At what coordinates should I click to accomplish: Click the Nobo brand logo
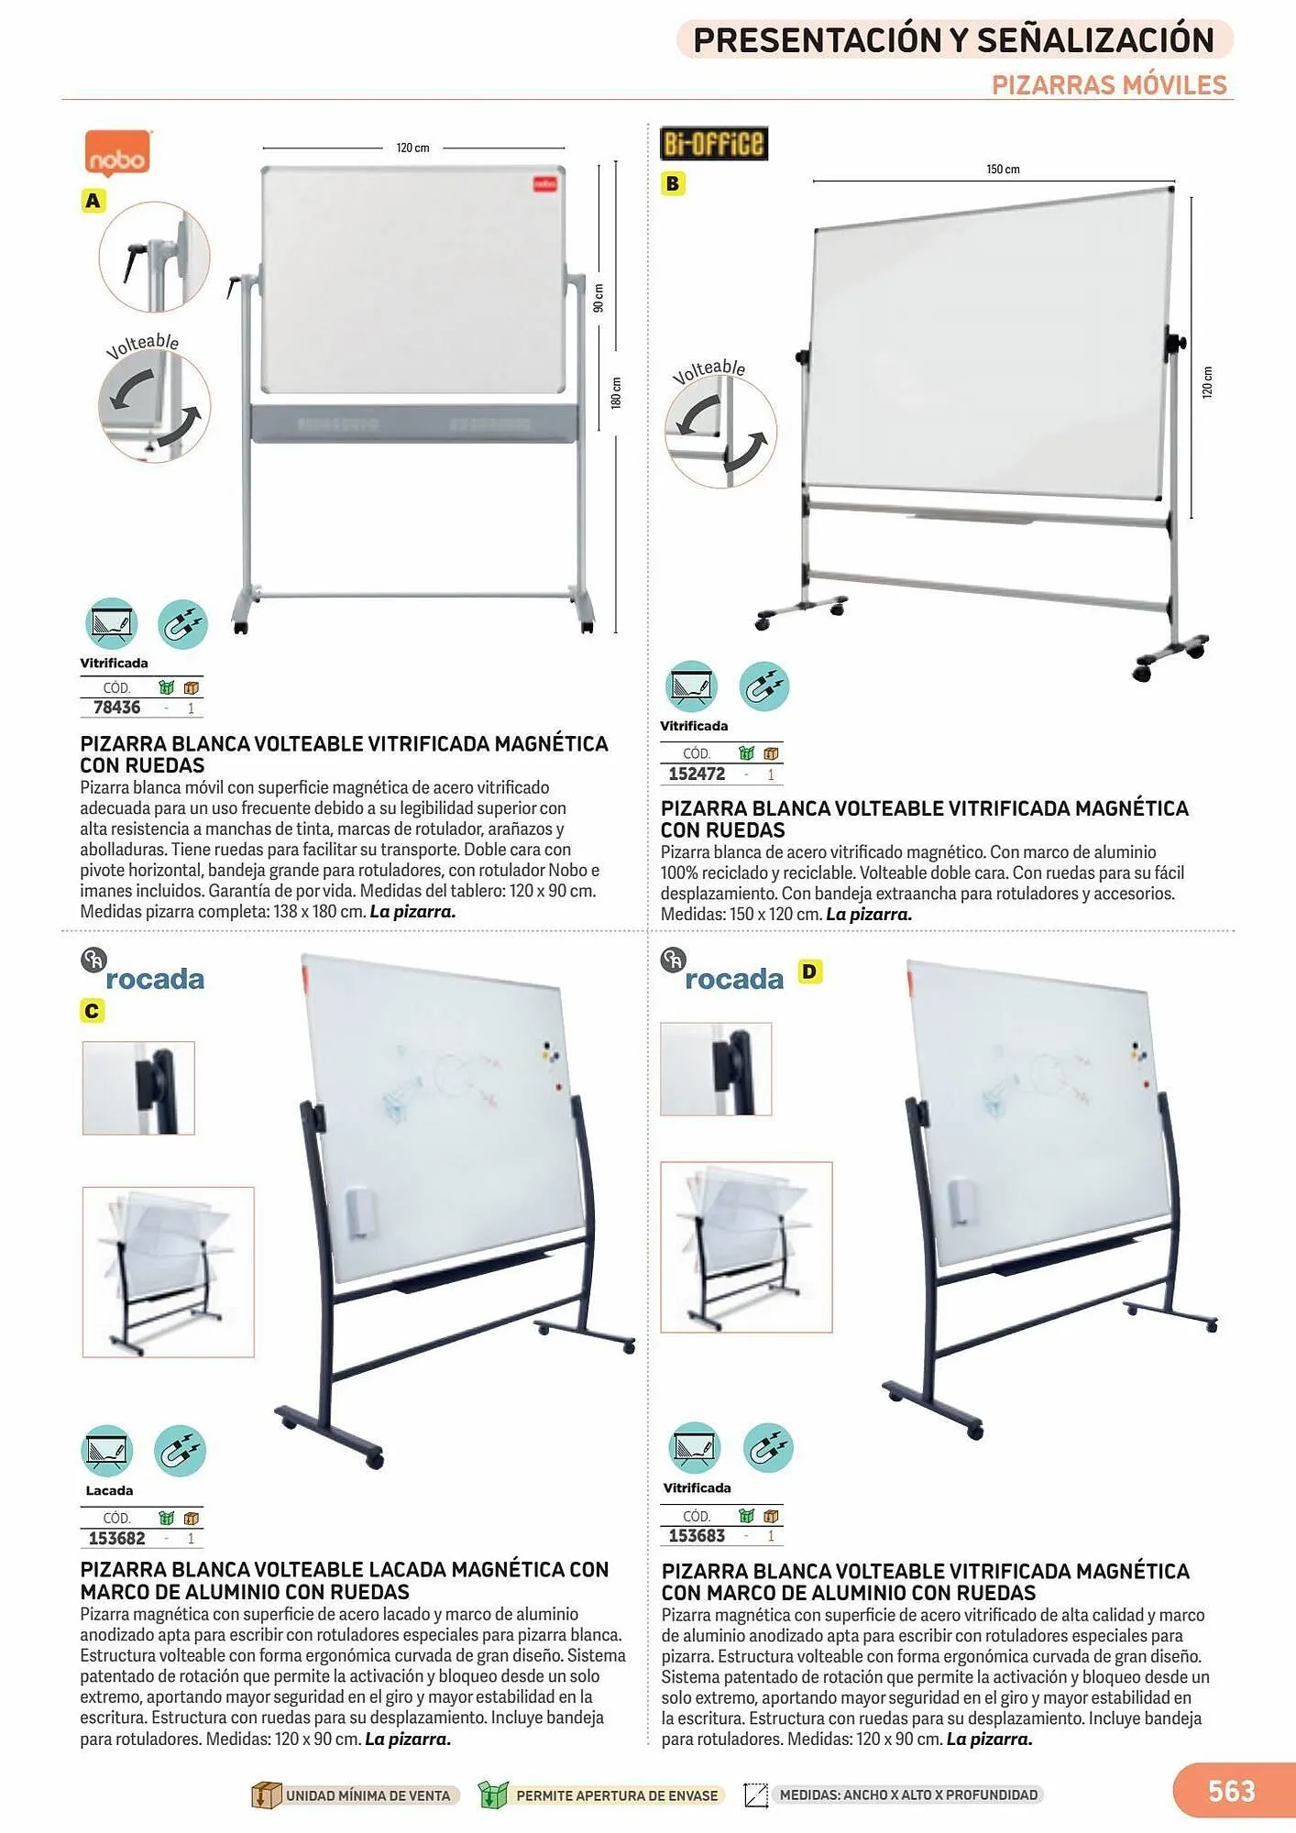(x=117, y=152)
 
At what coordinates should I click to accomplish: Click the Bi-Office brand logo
(x=714, y=143)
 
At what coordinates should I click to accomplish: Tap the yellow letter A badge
(x=93, y=201)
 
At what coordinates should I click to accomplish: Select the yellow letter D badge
(x=809, y=971)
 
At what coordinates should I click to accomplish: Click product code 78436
(x=116, y=708)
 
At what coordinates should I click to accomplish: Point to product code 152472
(x=697, y=774)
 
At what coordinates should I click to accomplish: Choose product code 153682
(x=116, y=1538)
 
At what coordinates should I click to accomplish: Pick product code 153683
(x=697, y=1535)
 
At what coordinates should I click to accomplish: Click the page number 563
(x=1232, y=1791)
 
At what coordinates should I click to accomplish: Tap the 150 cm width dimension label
(x=1003, y=170)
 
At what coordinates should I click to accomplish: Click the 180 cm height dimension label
(x=616, y=393)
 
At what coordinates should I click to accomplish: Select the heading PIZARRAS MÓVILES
(x=1109, y=85)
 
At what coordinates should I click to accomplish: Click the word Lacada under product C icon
(x=109, y=1490)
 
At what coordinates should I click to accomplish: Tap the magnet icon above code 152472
(x=763, y=686)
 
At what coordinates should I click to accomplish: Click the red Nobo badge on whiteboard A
(x=545, y=184)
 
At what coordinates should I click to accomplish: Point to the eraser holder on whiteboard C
(x=357, y=1213)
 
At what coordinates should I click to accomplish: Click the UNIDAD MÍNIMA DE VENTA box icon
(x=266, y=1795)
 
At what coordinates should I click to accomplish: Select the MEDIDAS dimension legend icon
(x=756, y=1795)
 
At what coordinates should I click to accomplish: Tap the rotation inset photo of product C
(x=169, y=1272)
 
